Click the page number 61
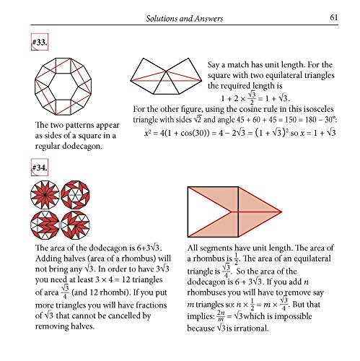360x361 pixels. click(x=334, y=17)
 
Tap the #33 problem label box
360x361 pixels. click(x=40, y=42)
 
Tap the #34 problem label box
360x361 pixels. click(x=40, y=168)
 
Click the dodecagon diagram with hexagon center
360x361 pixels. click(x=63, y=87)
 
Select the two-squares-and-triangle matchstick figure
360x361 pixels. click(x=166, y=76)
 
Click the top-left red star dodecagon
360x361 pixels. click(x=45, y=195)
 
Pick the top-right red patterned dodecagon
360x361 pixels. click(x=75, y=195)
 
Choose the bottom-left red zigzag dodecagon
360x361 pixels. click(x=45, y=225)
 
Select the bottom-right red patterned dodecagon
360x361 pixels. click(x=75, y=225)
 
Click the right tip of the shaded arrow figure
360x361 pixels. click(x=281, y=212)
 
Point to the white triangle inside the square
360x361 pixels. click(x=203, y=212)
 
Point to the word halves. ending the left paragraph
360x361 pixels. click(x=82, y=326)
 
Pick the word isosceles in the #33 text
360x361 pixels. click(x=318, y=109)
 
